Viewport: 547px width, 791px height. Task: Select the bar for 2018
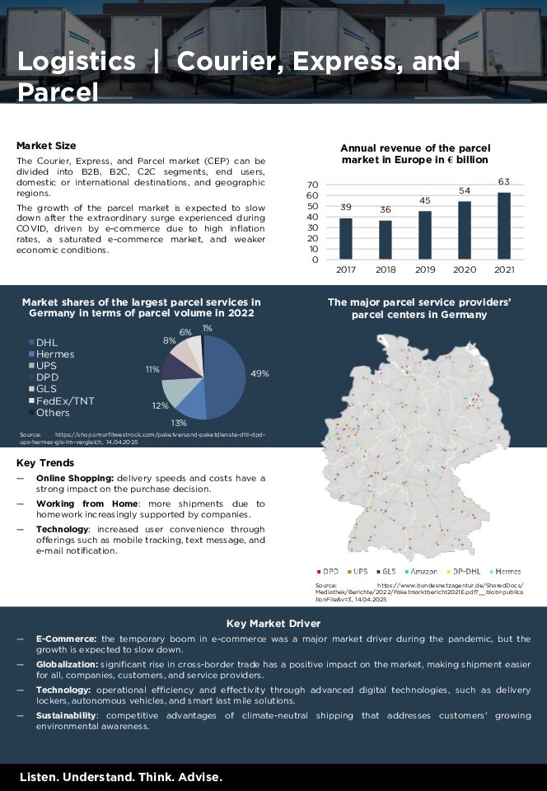click(x=386, y=240)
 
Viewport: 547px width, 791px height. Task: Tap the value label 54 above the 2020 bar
click(x=465, y=191)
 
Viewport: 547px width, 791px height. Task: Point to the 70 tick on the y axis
click(x=312, y=185)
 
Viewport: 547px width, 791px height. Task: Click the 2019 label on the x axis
click(x=425, y=269)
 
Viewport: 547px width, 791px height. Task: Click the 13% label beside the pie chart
click(x=179, y=423)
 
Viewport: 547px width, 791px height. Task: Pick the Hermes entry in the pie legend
click(x=54, y=354)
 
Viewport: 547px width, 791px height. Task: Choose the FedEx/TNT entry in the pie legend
click(x=64, y=400)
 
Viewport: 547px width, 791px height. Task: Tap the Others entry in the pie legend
click(x=53, y=412)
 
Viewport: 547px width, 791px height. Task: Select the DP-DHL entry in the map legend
click(x=467, y=571)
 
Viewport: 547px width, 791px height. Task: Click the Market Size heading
click(x=46, y=145)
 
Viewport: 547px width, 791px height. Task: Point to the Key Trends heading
click(x=45, y=463)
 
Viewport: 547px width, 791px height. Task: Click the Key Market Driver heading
click(x=273, y=624)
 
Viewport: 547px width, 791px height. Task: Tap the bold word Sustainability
click(x=66, y=716)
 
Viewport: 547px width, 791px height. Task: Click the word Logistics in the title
click(x=77, y=62)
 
